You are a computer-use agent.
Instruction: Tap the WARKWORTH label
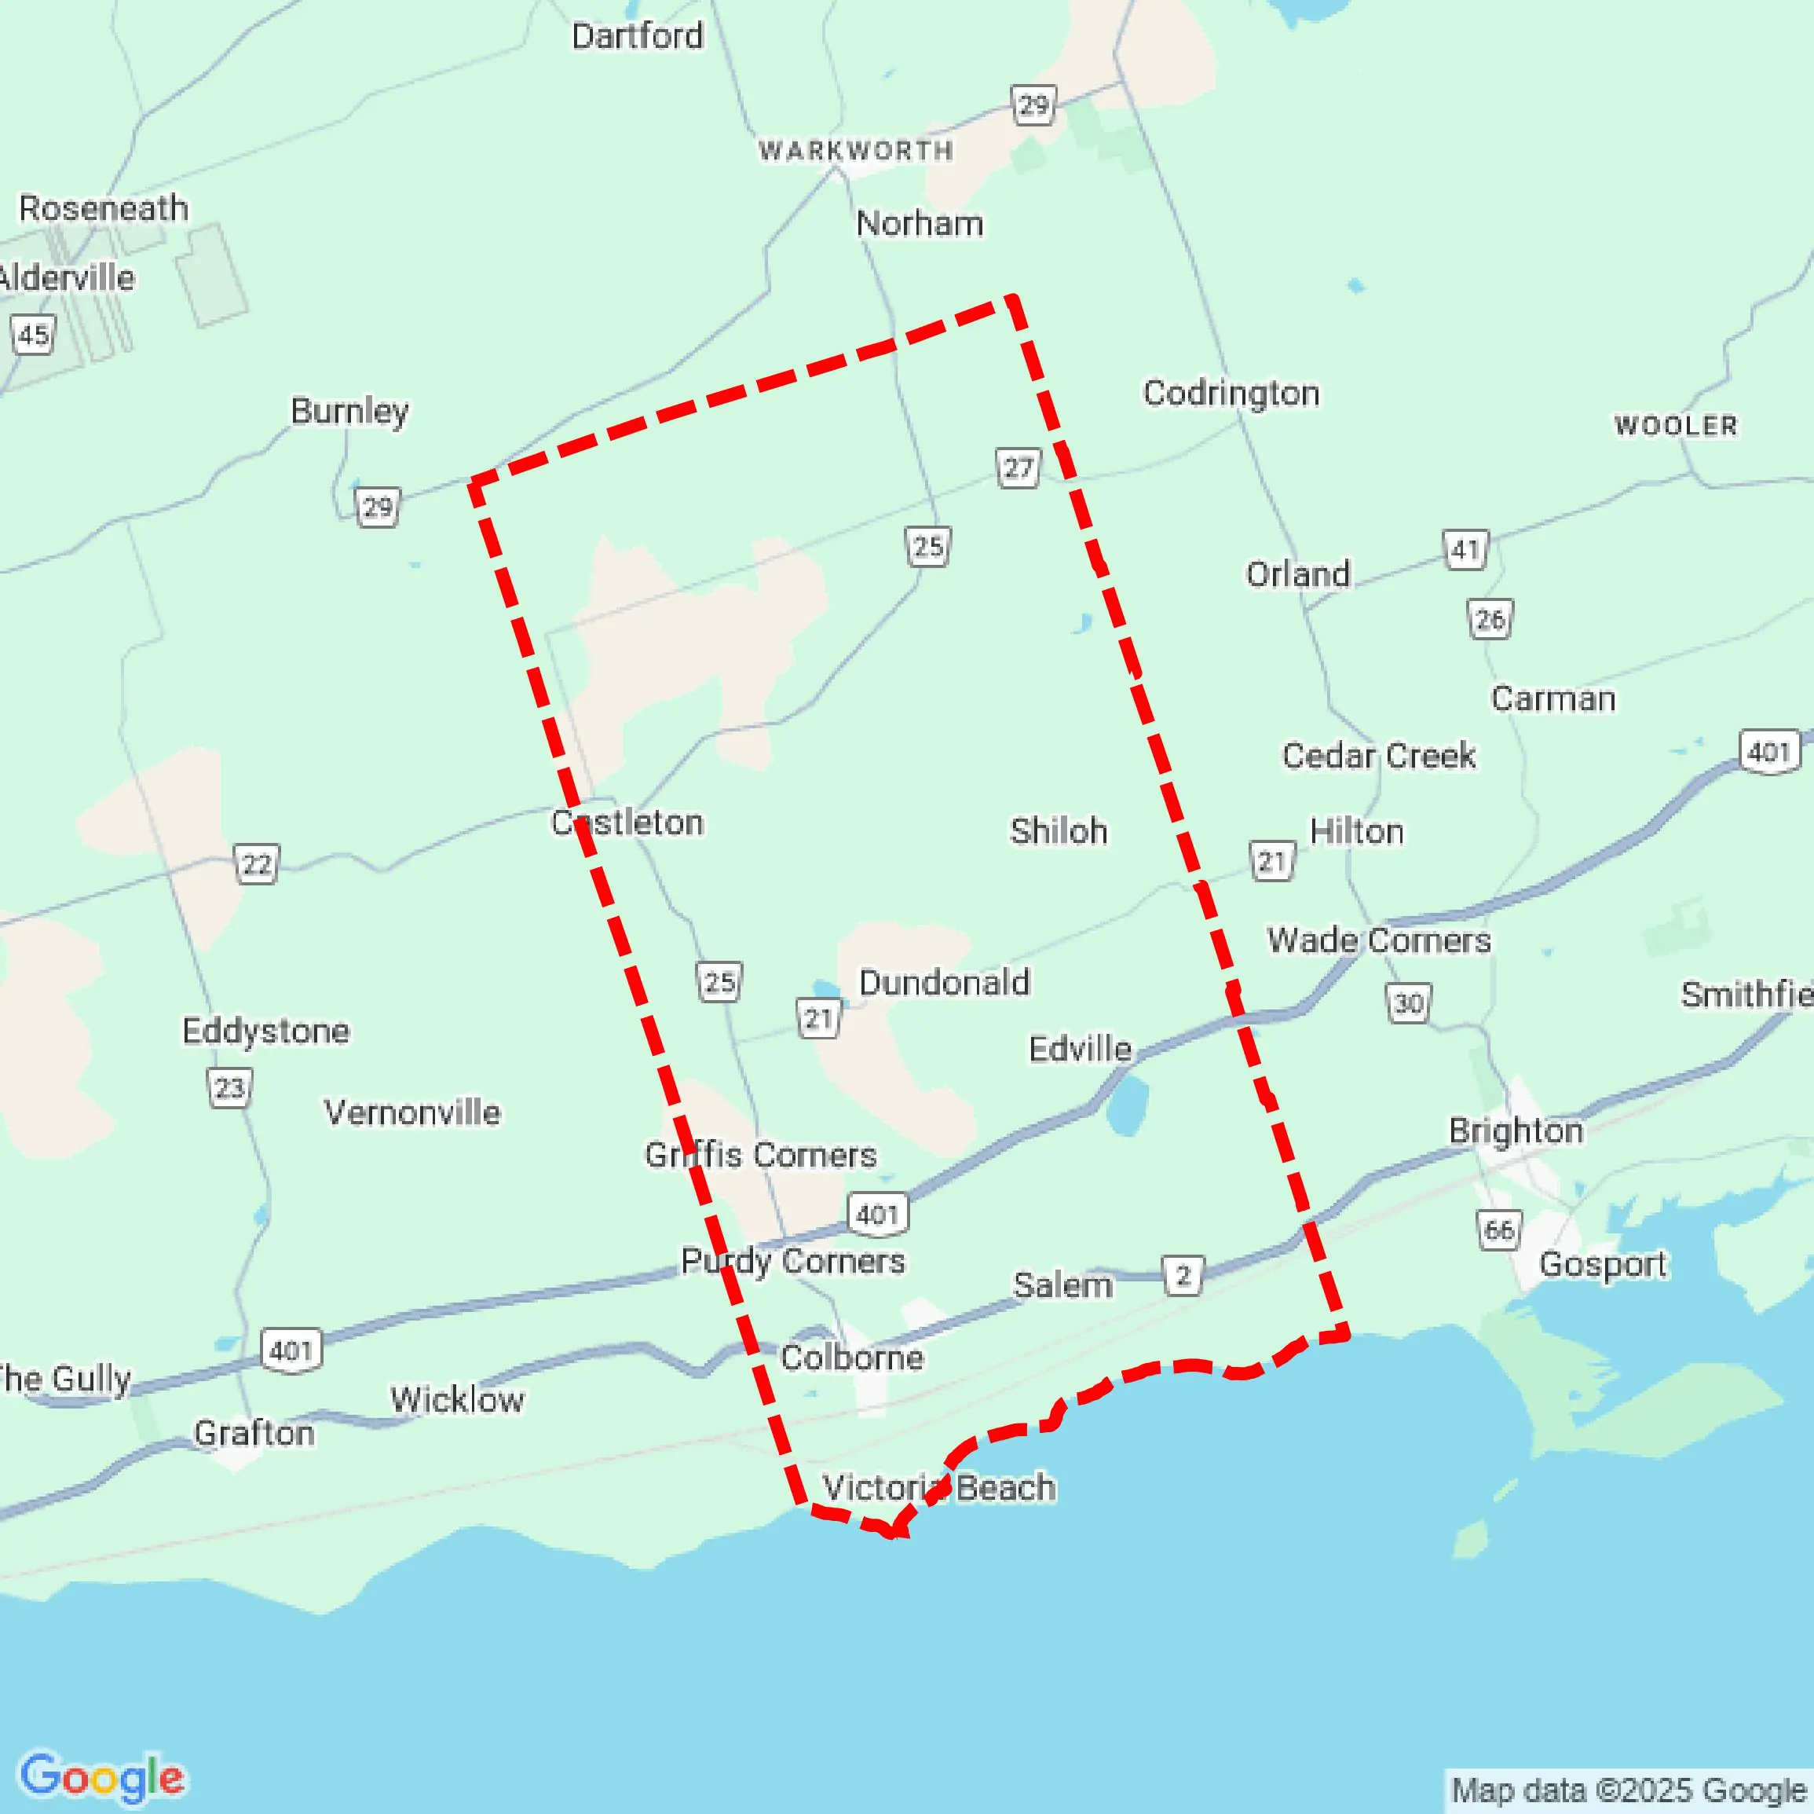pyautogui.click(x=855, y=150)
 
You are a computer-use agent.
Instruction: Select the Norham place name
pyautogui.click(x=920, y=224)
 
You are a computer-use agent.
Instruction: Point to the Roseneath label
pyautogui.click(x=104, y=208)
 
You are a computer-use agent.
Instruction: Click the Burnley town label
pyautogui.click(x=349, y=411)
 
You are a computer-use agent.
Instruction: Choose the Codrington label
pyautogui.click(x=1230, y=393)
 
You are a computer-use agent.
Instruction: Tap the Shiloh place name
pyautogui.click(x=1059, y=831)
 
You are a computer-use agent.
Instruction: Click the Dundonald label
pyautogui.click(x=944, y=983)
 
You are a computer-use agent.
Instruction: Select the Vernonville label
pyautogui.click(x=412, y=1112)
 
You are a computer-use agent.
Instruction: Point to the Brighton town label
pyautogui.click(x=1516, y=1130)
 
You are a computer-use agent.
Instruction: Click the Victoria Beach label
pyautogui.click(x=939, y=1487)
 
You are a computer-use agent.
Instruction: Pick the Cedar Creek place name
pyautogui.click(x=1378, y=755)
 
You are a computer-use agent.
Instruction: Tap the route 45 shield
pyautogui.click(x=34, y=335)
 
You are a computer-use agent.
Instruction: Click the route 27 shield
pyautogui.click(x=1018, y=467)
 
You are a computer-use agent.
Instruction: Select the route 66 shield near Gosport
pyautogui.click(x=1498, y=1229)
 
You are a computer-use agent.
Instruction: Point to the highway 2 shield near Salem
pyautogui.click(x=1183, y=1276)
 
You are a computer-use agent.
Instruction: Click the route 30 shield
pyautogui.click(x=1408, y=1003)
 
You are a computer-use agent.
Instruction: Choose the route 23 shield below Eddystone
pyautogui.click(x=229, y=1088)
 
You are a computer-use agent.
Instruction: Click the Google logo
pyautogui.click(x=102, y=1777)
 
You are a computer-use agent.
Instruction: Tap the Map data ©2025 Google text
pyautogui.click(x=1629, y=1790)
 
